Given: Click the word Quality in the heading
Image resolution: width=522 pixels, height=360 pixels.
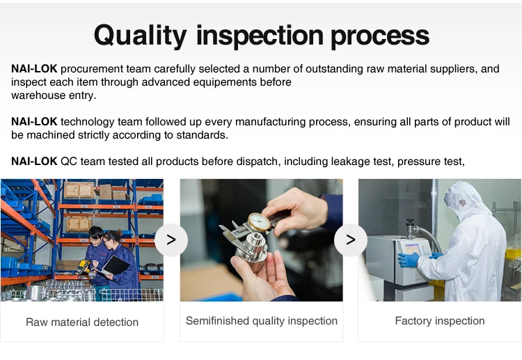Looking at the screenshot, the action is click(140, 36).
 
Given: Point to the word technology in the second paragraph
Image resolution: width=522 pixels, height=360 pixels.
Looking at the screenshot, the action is click(88, 122).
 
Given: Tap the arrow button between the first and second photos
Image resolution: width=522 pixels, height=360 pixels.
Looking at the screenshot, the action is click(171, 240).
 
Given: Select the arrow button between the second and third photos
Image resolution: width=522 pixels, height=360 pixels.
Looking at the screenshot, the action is click(351, 240).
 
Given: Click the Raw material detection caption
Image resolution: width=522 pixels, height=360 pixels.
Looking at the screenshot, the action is click(82, 322).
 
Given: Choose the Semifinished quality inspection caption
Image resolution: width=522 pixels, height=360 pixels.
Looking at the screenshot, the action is click(261, 321).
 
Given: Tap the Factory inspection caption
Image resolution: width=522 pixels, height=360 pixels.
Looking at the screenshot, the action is click(440, 321).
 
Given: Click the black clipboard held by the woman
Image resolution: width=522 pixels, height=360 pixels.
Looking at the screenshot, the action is click(116, 265).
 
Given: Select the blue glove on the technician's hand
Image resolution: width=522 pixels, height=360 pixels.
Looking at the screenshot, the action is click(408, 260).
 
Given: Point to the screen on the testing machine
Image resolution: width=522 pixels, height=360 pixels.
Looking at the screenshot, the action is click(412, 249).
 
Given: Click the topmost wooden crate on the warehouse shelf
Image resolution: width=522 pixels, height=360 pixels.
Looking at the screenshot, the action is click(79, 191).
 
